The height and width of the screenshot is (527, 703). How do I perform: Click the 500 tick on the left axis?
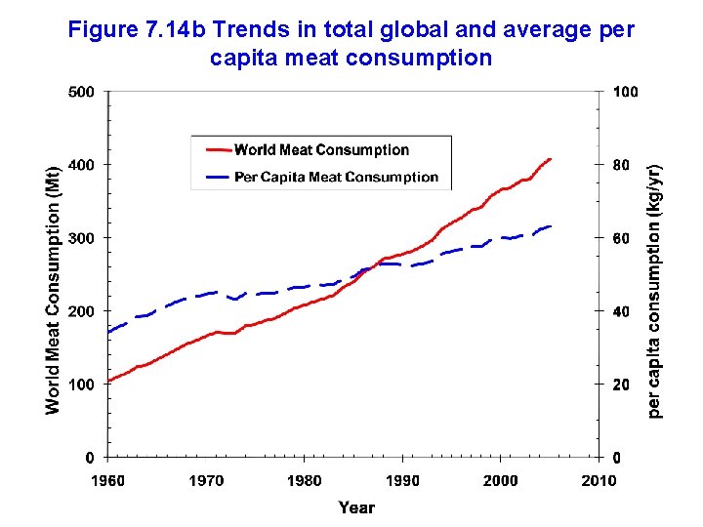click(82, 93)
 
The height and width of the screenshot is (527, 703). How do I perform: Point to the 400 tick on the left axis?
click(82, 165)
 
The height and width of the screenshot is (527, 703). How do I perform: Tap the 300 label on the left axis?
click(82, 238)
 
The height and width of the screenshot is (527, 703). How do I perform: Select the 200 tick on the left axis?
click(82, 311)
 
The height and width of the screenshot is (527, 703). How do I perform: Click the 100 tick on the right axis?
click(626, 93)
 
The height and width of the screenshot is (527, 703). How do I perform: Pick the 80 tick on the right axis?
click(622, 165)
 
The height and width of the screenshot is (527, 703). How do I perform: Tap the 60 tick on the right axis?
click(622, 238)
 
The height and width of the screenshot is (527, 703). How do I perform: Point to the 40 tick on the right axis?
click(622, 311)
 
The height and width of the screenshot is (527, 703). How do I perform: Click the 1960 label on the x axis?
click(108, 480)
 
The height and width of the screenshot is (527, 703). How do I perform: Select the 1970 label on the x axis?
click(206, 480)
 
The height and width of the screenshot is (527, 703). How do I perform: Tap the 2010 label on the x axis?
click(599, 480)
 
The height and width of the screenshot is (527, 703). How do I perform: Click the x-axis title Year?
click(356, 507)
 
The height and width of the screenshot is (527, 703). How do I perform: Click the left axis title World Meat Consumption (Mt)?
click(53, 288)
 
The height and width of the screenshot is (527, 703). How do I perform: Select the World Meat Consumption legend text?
click(321, 150)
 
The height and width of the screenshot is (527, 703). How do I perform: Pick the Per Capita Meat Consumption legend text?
click(336, 177)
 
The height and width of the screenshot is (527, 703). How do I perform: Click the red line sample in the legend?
click(218, 150)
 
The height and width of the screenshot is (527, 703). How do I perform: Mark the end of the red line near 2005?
click(551, 159)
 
